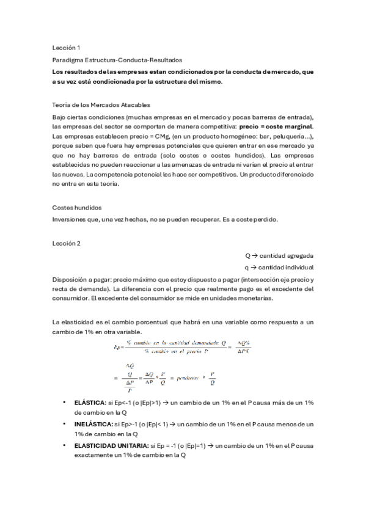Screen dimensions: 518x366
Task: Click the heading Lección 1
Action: tap(66, 47)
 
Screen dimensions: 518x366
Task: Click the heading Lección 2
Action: tap(66, 243)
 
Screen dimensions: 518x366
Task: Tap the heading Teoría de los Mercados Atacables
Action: tap(101, 105)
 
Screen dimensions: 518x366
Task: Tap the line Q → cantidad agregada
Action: tap(279, 256)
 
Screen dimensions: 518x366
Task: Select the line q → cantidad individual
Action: tap(279, 268)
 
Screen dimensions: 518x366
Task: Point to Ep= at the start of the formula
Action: tap(119, 347)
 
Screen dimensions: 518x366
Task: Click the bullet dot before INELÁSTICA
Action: tap(65, 423)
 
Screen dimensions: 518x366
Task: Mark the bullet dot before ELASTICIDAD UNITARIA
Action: tap(65, 445)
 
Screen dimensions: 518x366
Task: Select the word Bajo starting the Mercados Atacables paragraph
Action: tap(60, 117)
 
